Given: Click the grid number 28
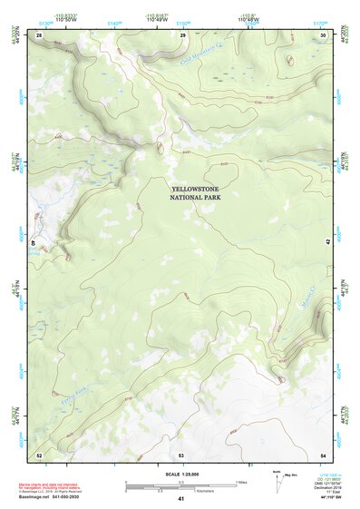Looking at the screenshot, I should [39, 34].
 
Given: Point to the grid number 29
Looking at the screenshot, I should [182, 34].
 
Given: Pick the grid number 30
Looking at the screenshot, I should [324, 34].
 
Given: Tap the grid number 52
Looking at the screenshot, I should [39, 454].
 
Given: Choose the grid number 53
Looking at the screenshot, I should [181, 454].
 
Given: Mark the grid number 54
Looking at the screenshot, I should [324, 454].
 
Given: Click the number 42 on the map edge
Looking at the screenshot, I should [327, 242].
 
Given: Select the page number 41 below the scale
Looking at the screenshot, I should [181, 499].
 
